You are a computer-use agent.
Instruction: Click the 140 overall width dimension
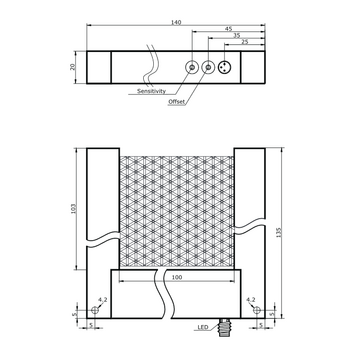point(176,22)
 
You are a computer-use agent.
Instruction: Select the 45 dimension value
point(228,29)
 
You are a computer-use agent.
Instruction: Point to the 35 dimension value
point(237,35)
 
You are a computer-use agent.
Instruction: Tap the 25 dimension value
point(245,42)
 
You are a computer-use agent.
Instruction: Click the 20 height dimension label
point(73,67)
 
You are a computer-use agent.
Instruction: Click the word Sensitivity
point(151,91)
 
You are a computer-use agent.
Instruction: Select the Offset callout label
point(176,102)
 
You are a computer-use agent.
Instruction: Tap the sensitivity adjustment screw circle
point(192,67)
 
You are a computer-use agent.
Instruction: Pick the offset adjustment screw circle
point(208,67)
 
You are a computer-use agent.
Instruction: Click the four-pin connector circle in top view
point(225,67)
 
